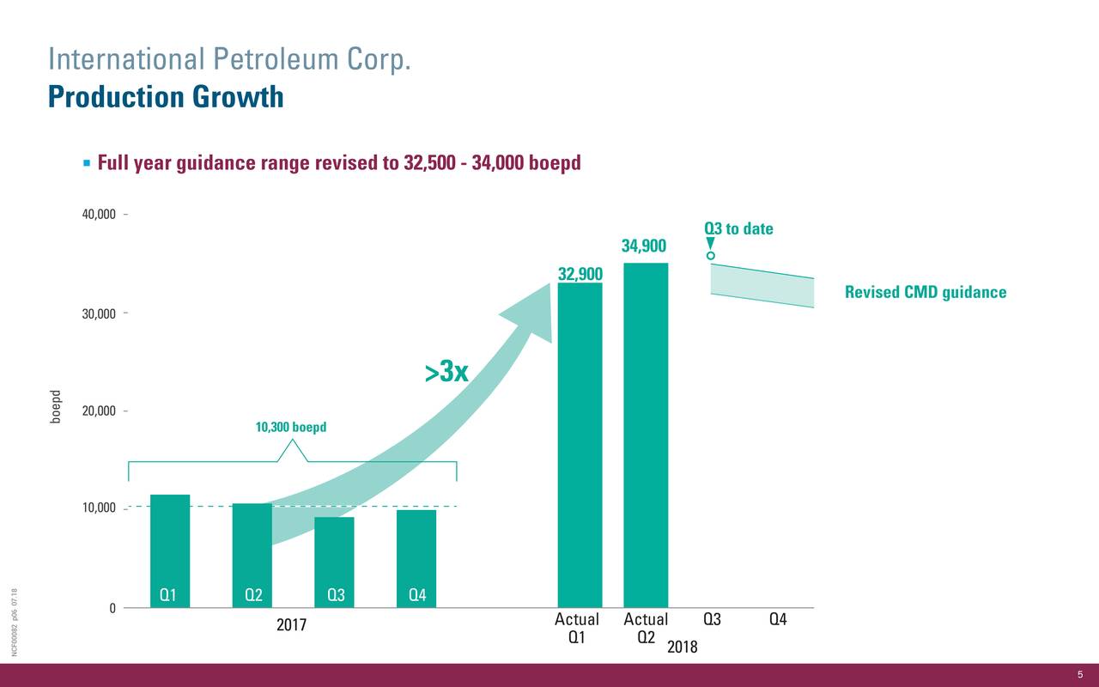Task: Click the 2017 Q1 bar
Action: pos(170,550)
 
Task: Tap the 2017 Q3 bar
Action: pos(334,562)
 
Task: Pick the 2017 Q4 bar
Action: pos(416,558)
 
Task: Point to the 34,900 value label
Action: pos(644,247)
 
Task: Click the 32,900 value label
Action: pos(580,274)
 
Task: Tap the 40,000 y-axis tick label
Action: pos(99,215)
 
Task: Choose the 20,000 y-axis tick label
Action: pos(99,411)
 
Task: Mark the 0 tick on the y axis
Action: pos(112,609)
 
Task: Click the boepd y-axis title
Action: pos(56,406)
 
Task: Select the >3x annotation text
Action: pos(446,373)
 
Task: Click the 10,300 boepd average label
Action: pos(291,428)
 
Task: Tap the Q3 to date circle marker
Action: pos(711,256)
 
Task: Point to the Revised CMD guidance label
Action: pos(925,293)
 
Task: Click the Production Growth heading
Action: pos(166,97)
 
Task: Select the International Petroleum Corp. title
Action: pos(232,60)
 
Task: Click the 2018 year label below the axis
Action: pos(682,647)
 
